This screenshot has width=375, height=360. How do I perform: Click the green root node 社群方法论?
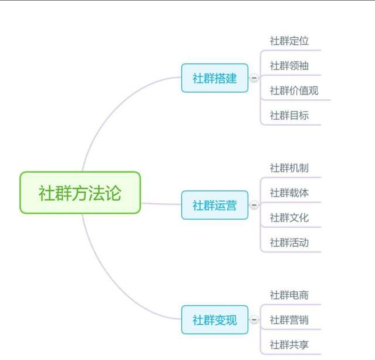pos(80,193)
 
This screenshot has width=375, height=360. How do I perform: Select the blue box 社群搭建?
pos(215,78)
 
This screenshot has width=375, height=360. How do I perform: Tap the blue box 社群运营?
pos(215,205)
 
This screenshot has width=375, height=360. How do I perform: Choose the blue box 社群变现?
pos(215,320)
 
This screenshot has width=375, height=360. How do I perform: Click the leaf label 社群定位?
pos(289,41)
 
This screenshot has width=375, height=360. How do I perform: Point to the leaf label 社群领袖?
pos(289,66)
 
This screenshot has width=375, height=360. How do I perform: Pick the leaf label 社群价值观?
pos(294,90)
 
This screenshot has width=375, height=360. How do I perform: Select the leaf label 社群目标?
pos(289,115)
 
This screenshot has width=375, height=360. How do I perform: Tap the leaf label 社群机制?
pos(289,168)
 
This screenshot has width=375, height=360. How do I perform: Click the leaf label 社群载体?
pos(289,193)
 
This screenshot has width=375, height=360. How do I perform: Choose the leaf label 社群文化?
pos(289,218)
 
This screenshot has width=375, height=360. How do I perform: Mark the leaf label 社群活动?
pos(289,243)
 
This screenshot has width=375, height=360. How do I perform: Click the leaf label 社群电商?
pos(289,295)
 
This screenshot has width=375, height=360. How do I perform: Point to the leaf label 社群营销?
pos(289,320)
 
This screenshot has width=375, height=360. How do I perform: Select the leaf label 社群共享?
pos(289,345)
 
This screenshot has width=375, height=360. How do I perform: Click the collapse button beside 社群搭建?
pos(254,78)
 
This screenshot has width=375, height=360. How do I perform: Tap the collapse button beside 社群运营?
pos(254,205)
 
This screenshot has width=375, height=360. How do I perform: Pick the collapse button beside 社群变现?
pos(254,319)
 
